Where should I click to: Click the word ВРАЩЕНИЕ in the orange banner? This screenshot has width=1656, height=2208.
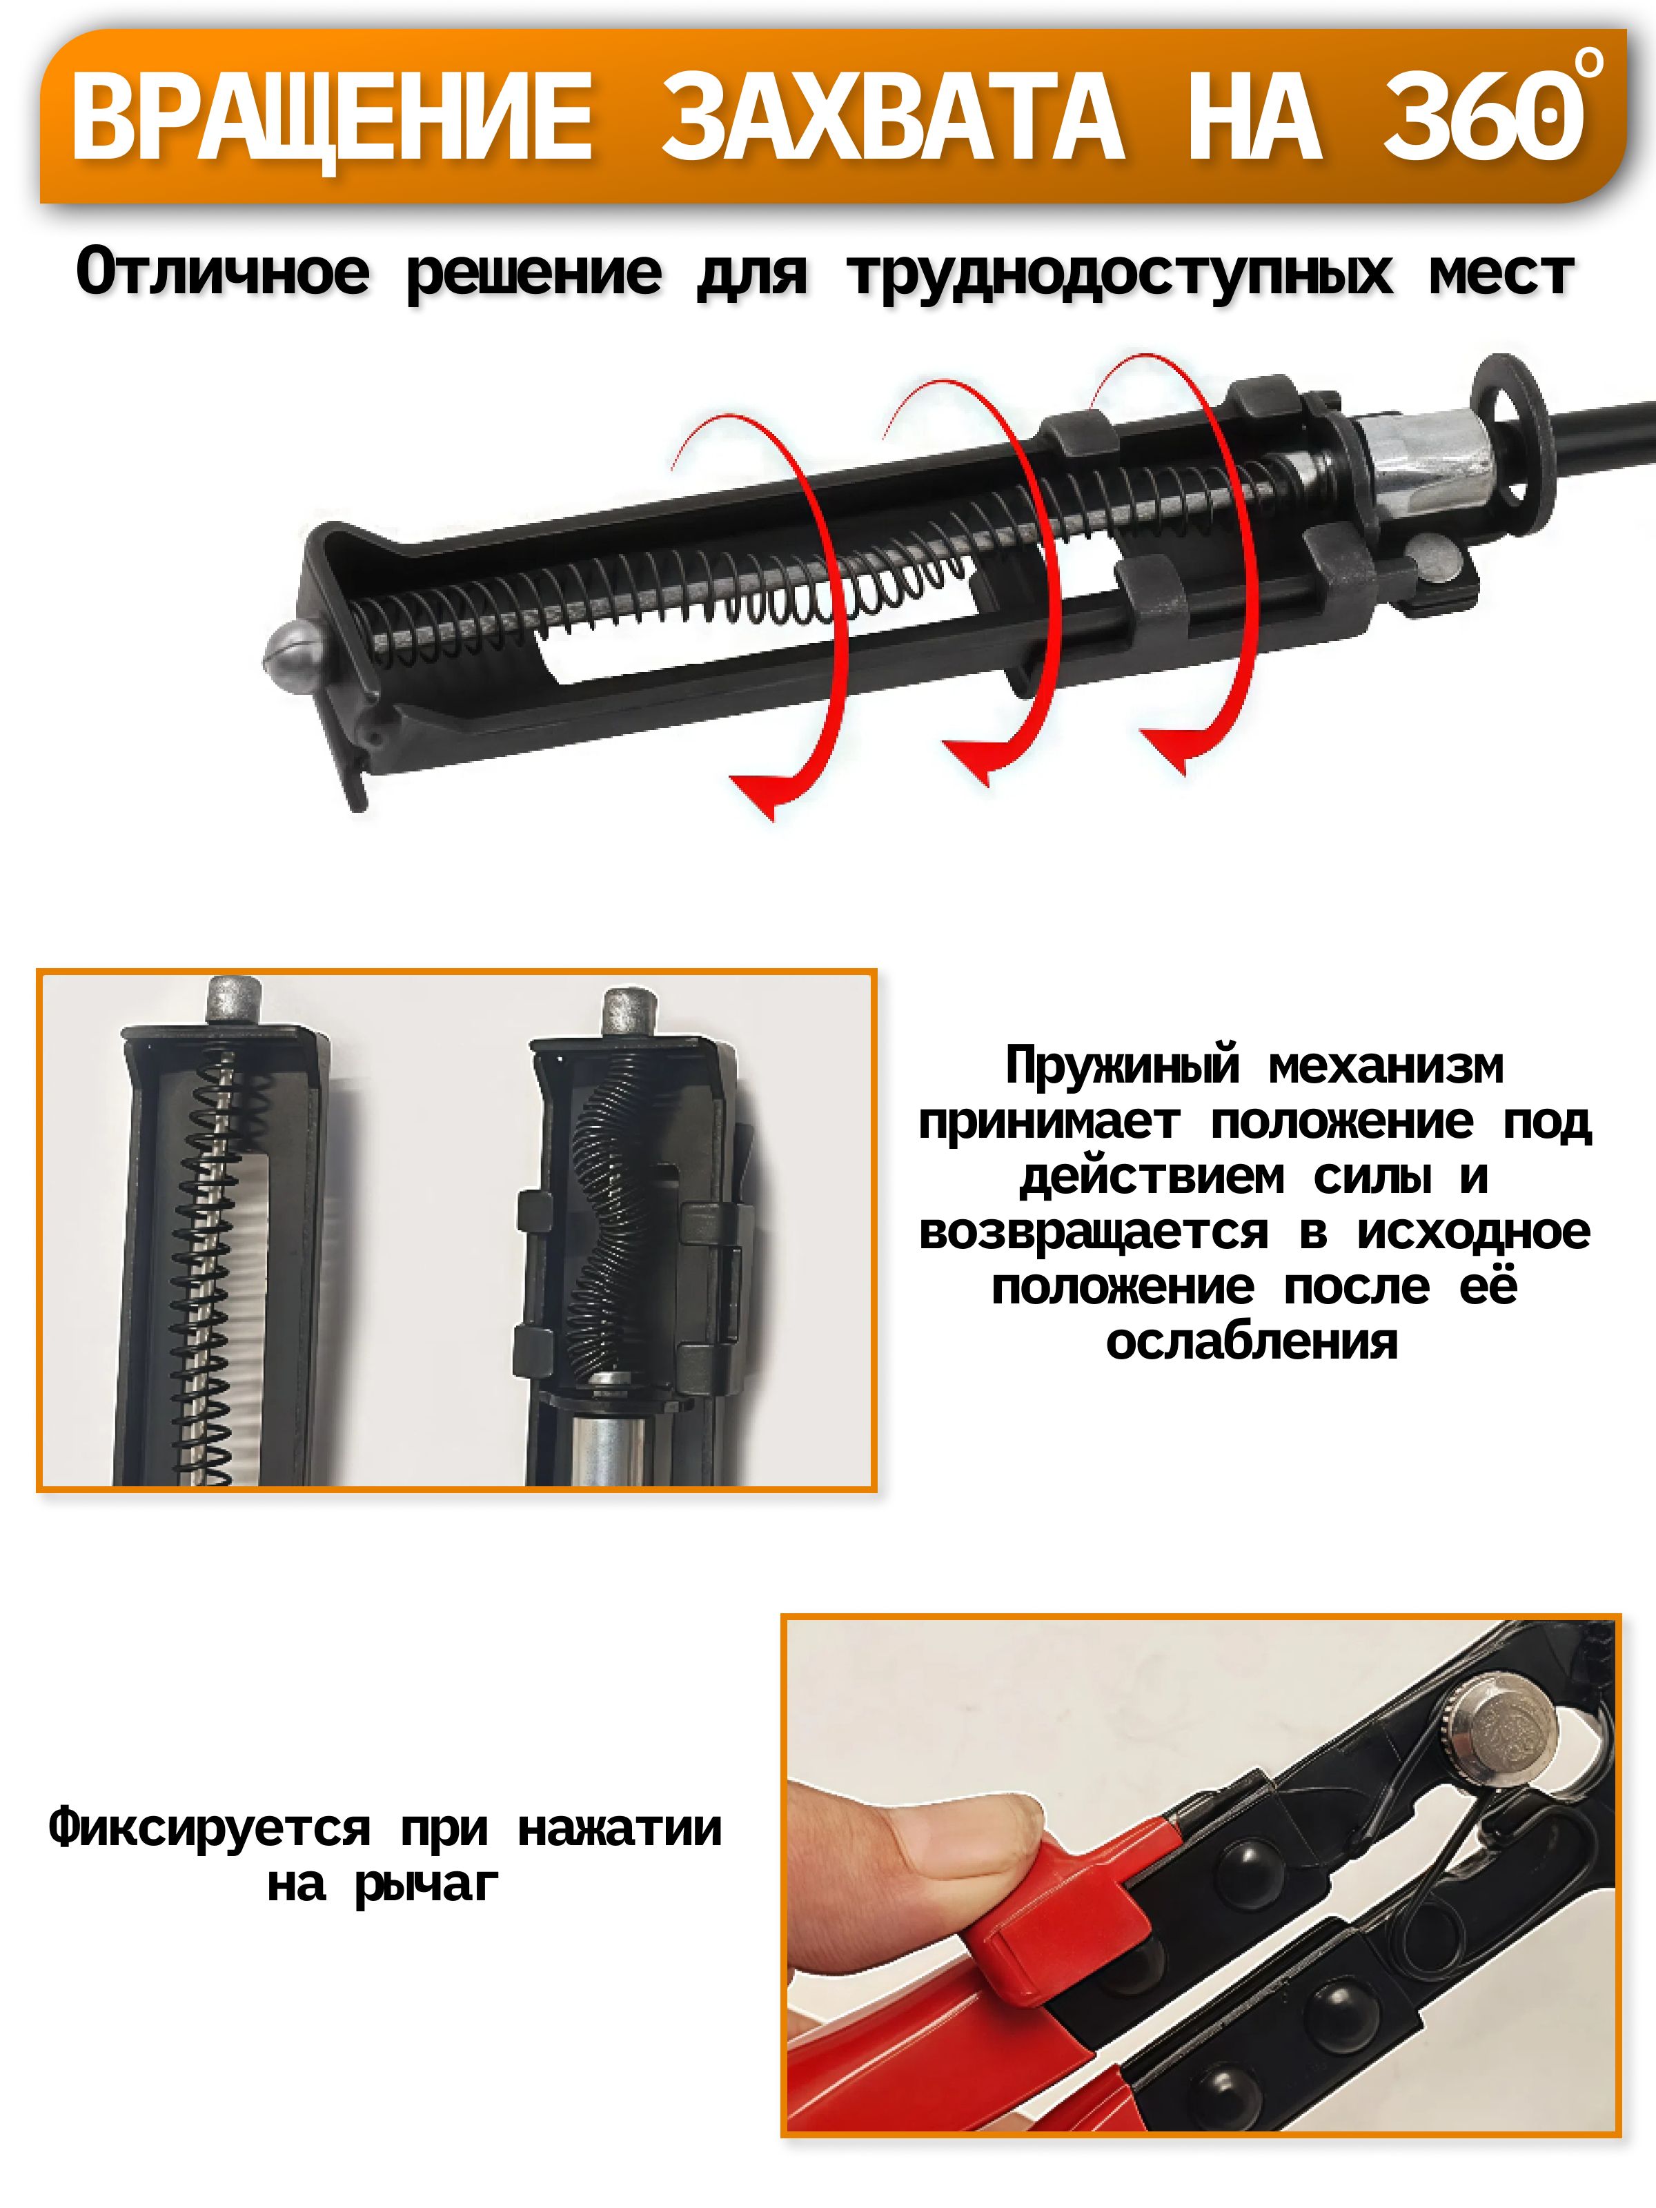pyautogui.click(x=333, y=118)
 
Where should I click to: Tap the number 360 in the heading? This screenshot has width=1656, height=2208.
pyautogui.click(x=1483, y=118)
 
